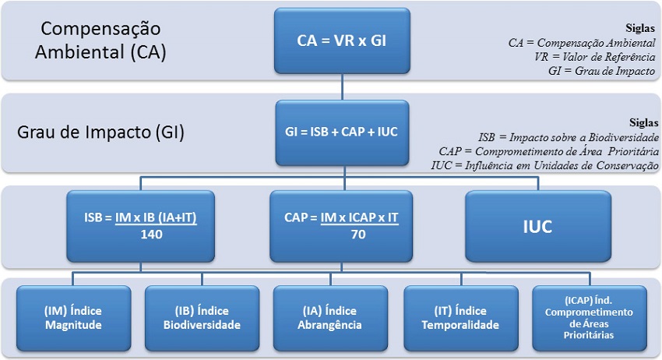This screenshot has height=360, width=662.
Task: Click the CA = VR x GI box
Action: (x=342, y=42)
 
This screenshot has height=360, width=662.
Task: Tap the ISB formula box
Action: (x=141, y=226)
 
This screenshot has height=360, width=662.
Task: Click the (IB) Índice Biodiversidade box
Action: (x=202, y=318)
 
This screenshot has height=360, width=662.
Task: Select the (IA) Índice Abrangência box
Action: (x=330, y=318)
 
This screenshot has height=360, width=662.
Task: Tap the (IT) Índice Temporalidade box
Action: (x=460, y=318)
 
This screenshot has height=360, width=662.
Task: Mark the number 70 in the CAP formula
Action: (x=358, y=234)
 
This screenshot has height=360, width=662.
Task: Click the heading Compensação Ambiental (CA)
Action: (x=101, y=41)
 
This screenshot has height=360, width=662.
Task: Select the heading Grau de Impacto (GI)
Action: (x=100, y=132)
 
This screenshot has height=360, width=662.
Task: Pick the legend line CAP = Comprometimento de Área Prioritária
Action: (x=545, y=150)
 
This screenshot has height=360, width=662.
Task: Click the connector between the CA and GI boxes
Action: (x=342, y=86)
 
